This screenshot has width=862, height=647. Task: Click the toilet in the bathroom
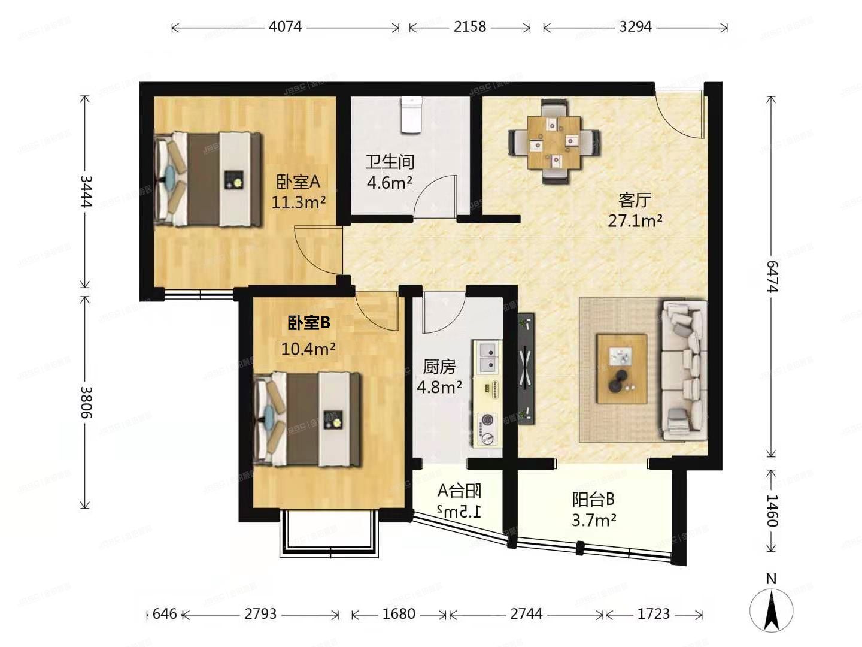[412, 114]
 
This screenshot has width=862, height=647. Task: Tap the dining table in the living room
[554, 142]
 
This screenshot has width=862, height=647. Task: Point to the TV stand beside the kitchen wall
[526, 368]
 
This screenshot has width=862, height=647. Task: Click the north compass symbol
[772, 610]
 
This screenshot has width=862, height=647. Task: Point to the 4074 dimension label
[285, 27]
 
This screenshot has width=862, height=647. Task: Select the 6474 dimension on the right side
[772, 276]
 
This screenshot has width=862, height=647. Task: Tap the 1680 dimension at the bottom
[399, 614]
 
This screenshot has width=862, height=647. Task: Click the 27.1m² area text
[635, 221]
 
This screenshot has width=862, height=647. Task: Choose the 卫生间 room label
[390, 162]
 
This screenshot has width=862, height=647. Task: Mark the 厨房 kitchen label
[439, 367]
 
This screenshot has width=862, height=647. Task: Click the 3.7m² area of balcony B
[593, 520]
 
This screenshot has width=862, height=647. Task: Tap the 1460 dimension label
[772, 510]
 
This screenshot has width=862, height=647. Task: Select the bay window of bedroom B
[329, 533]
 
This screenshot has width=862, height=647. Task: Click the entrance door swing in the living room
[679, 114]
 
